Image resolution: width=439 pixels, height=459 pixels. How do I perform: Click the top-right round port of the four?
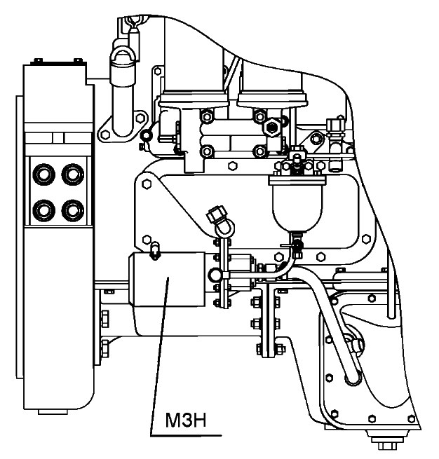[71, 173]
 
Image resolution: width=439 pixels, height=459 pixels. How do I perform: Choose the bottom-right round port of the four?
[71, 208]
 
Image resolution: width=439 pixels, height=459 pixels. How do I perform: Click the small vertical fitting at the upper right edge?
[334, 130]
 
